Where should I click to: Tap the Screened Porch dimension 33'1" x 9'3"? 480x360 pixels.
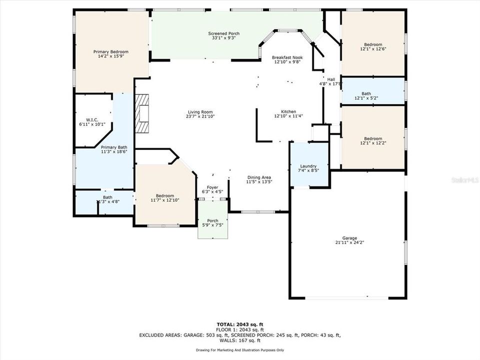coord(223,38)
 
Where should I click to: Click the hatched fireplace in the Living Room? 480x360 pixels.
coord(143,113)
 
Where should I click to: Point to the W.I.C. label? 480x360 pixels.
coord(91,119)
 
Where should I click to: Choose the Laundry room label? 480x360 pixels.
coord(308,166)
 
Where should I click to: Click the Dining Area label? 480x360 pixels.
coord(259,177)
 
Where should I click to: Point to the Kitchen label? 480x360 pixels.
coord(288,111)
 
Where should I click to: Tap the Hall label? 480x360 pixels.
coord(331,79)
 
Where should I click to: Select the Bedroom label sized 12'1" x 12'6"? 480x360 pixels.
coord(373,44)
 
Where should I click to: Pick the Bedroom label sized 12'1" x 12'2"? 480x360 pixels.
coord(373,138)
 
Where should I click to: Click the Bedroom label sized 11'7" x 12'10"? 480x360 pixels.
coord(164,195)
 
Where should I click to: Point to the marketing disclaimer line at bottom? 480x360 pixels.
coord(240,350)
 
